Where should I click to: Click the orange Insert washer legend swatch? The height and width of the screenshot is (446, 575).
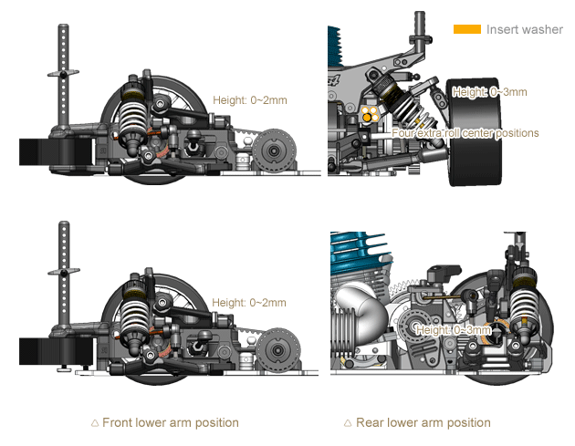tap(466, 29)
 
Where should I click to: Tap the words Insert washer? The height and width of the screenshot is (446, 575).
tap(525, 29)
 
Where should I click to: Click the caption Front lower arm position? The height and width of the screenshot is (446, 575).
tap(171, 422)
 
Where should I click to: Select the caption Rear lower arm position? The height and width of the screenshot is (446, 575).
tap(423, 422)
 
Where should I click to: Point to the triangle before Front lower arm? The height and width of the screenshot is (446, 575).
tap(95, 423)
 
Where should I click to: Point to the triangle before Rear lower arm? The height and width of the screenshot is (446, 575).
tap(348, 423)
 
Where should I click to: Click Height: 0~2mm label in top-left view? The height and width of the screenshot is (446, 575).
tap(250, 100)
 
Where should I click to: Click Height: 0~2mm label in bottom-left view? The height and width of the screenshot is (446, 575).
tap(249, 303)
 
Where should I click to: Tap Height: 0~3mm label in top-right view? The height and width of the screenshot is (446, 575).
tap(489, 91)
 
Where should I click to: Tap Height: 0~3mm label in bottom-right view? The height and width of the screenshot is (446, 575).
tap(454, 330)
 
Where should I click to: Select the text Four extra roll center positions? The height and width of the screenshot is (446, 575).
tap(465, 132)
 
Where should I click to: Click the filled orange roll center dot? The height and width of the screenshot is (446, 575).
tap(367, 118)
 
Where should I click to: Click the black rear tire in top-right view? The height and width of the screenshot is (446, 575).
tap(473, 132)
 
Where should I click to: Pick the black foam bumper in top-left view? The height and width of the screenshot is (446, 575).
tap(55, 151)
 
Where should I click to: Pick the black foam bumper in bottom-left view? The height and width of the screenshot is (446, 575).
tap(55, 351)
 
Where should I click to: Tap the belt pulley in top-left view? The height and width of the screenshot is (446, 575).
tap(274, 150)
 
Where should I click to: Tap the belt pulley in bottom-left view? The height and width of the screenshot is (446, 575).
tap(277, 351)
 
